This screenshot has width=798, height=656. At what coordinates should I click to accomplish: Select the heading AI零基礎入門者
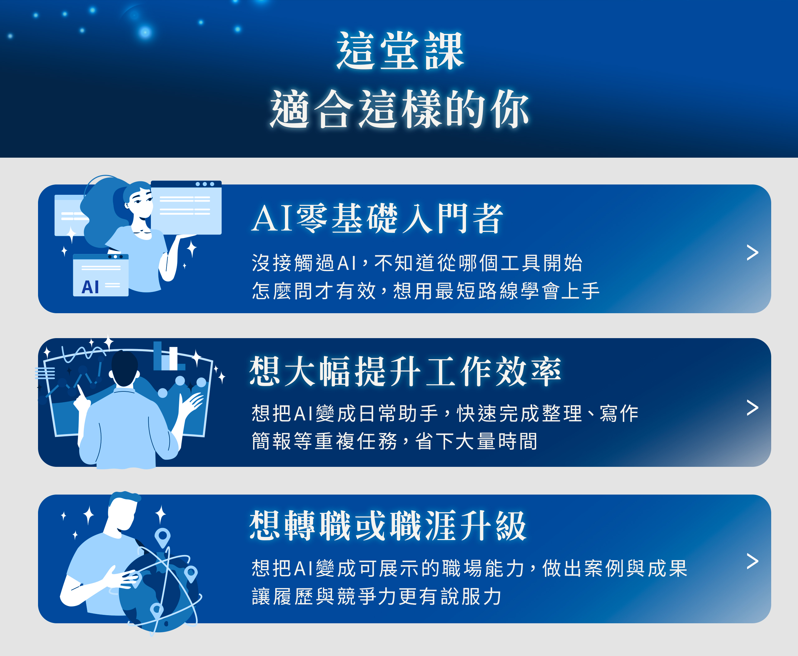[377, 218]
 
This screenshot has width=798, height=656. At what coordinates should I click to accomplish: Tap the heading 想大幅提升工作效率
[405, 371]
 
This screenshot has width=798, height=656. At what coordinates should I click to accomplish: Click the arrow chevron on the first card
[752, 252]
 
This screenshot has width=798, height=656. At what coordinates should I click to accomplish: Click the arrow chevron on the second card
[752, 408]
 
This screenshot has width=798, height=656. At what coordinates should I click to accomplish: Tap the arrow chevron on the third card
[752, 561]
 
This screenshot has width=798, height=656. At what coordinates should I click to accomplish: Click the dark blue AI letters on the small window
[90, 287]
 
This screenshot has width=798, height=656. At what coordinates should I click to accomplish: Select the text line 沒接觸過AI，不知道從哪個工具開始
[417, 263]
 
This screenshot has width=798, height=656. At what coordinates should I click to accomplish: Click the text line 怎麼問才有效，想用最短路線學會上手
[425, 291]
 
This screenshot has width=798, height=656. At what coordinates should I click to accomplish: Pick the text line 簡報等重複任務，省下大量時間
[394, 441]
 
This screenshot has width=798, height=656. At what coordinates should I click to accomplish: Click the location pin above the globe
[162, 536]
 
